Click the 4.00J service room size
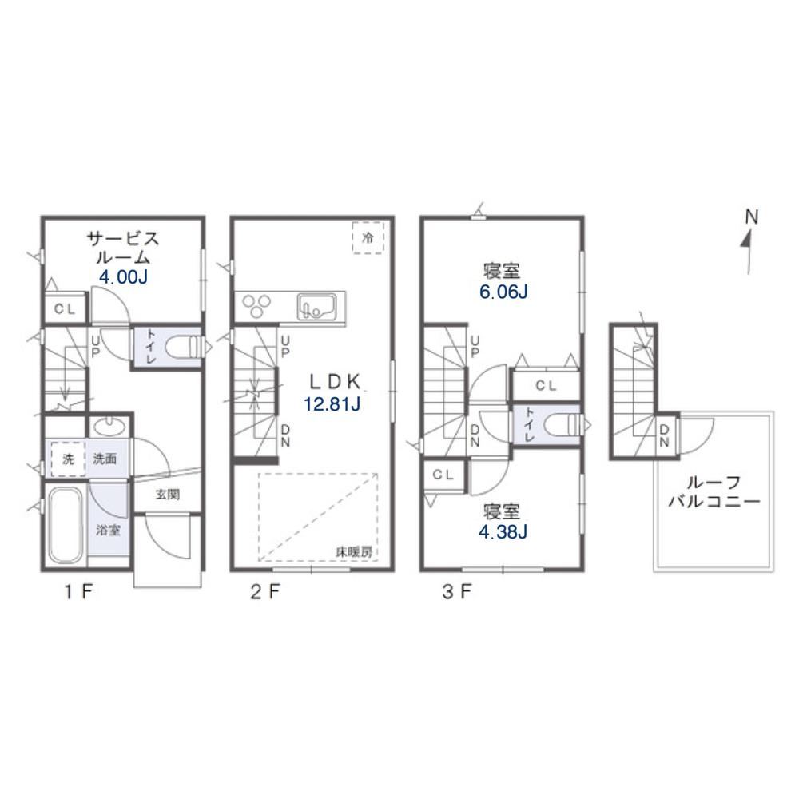tap(123, 277)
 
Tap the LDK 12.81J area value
tap(332, 404)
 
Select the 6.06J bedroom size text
tap(503, 292)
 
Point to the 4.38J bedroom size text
tap(503, 531)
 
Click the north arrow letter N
tap(752, 217)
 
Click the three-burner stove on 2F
tap(256, 306)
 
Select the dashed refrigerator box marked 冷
tap(368, 237)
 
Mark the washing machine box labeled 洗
tap(68, 459)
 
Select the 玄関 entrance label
tap(168, 494)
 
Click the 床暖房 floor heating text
tap(354, 551)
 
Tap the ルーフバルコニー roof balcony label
tap(714, 491)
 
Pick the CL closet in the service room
tap(66, 308)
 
